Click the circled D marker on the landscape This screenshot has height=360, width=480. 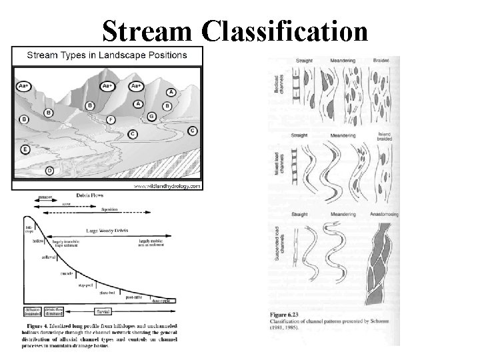click(x=49, y=171)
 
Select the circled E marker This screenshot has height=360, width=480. click(x=25, y=149)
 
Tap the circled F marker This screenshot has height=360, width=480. click(x=111, y=120)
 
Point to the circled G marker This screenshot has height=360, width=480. click(x=151, y=117)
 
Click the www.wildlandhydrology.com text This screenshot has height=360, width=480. click(x=166, y=187)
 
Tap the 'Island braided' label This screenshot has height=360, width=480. click(x=385, y=137)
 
